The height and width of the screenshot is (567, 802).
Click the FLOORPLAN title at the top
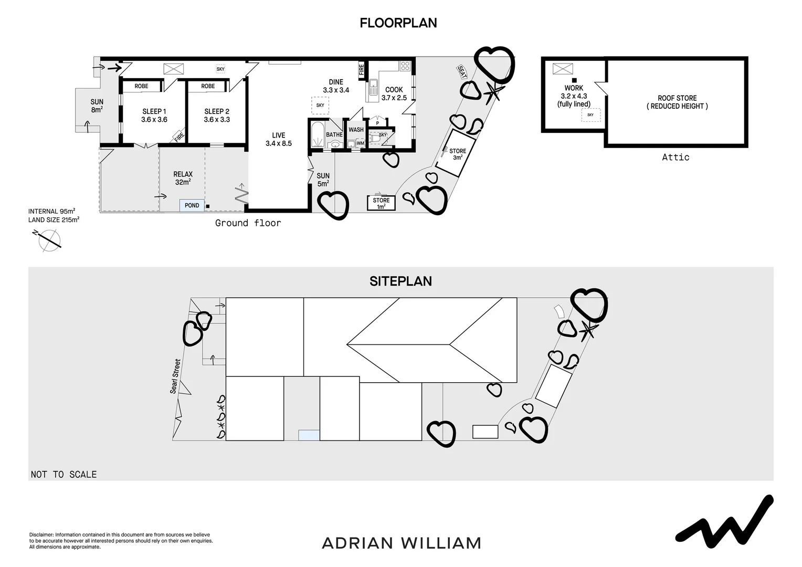click(398, 23)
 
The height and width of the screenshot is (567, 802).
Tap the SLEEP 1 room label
click(154, 115)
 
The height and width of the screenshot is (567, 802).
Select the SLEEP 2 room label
click(217, 115)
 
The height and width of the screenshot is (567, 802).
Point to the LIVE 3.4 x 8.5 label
click(278, 140)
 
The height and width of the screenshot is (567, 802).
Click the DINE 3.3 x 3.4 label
click(336, 86)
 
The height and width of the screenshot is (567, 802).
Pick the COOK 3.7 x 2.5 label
click(394, 94)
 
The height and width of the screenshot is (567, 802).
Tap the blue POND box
click(192, 205)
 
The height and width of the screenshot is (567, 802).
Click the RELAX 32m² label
click(183, 178)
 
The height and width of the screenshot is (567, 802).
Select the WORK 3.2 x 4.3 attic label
click(574, 96)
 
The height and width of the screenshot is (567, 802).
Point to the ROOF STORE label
click(677, 102)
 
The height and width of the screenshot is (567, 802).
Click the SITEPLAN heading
click(400, 281)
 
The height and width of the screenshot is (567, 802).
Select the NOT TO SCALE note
click(64, 475)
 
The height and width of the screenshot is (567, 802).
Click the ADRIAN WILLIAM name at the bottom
click(401, 543)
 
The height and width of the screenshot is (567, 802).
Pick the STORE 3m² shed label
click(457, 154)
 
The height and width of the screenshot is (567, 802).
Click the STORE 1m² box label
click(381, 203)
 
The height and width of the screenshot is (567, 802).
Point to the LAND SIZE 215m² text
click(54, 220)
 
